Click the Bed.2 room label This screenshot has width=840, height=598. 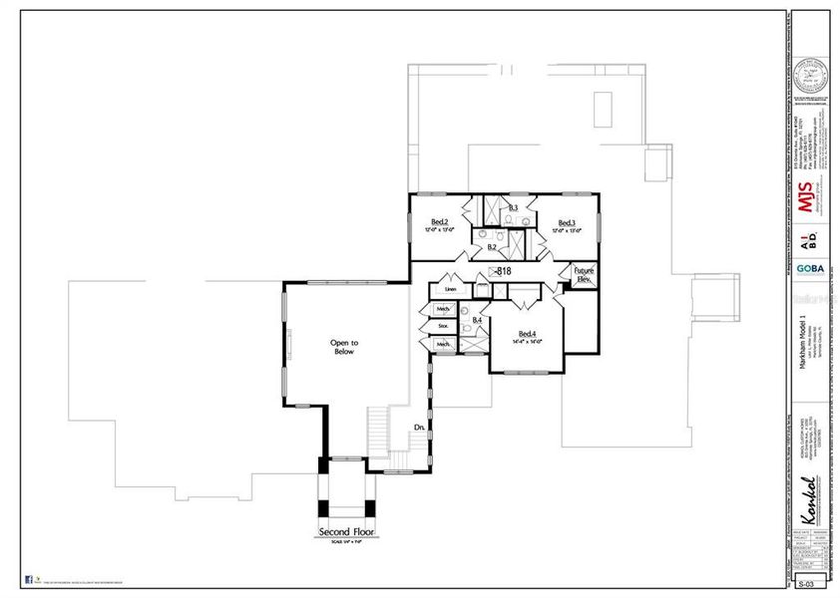pyautogui.click(x=439, y=221)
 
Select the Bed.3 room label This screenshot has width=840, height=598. pyautogui.click(x=567, y=222)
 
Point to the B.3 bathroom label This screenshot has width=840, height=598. pyautogui.click(x=513, y=207)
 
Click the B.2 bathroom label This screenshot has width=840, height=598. pyautogui.click(x=492, y=246)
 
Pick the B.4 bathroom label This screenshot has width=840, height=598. pyautogui.click(x=477, y=320)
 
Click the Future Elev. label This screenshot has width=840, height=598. pyautogui.click(x=584, y=275)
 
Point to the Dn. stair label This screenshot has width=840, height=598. pyautogui.click(x=420, y=428)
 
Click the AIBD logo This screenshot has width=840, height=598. pyautogui.click(x=810, y=237)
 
